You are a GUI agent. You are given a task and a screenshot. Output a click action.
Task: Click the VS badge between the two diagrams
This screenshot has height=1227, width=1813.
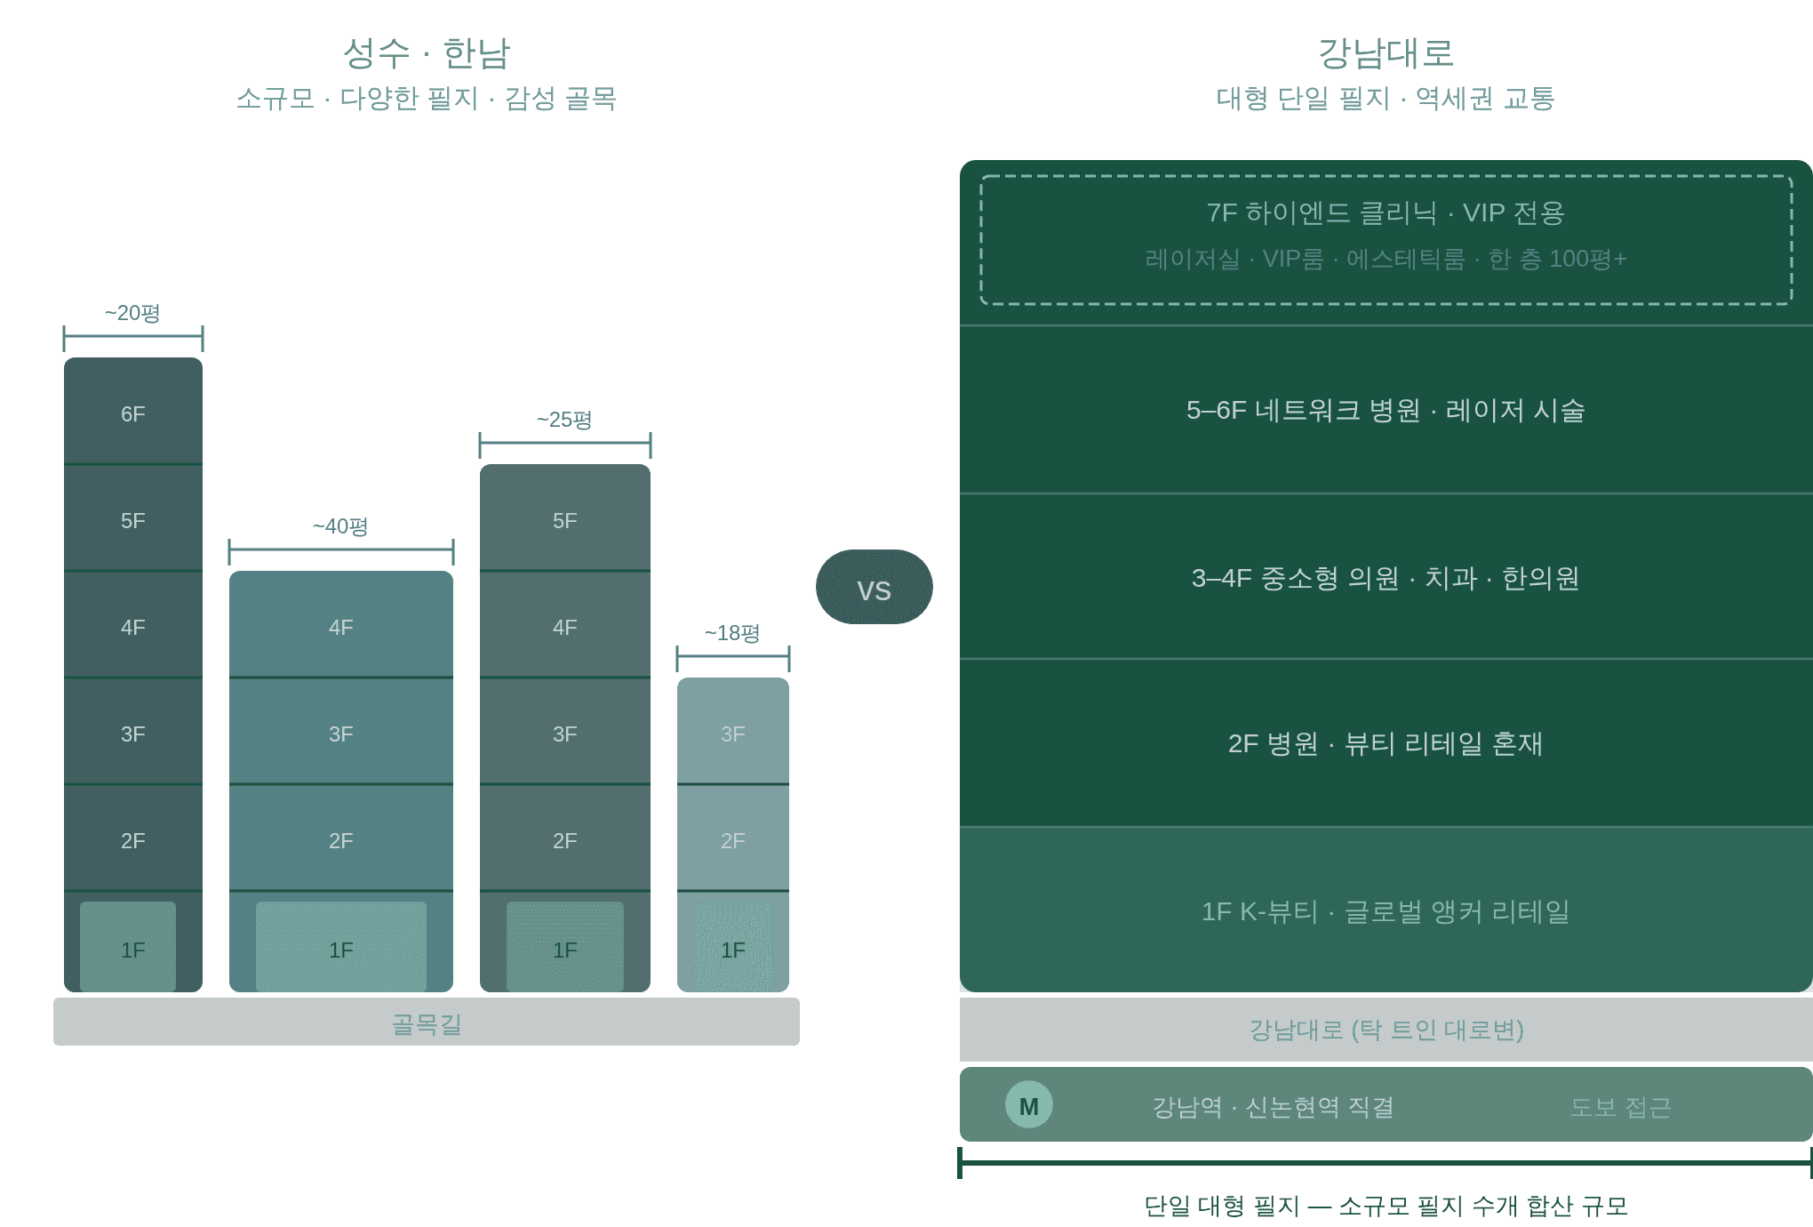click(x=874, y=588)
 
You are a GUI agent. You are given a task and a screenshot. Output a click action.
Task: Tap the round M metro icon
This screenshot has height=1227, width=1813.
click(x=1028, y=1105)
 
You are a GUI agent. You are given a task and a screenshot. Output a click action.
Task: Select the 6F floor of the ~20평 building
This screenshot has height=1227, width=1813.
click(x=133, y=413)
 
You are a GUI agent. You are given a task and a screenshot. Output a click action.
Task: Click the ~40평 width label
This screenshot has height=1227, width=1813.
click(x=340, y=526)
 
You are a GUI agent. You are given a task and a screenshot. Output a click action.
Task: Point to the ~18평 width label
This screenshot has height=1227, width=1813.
click(x=732, y=633)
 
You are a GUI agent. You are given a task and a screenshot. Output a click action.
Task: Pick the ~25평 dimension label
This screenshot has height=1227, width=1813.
click(x=564, y=420)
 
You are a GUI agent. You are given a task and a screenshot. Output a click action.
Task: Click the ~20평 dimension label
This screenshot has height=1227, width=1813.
click(x=132, y=313)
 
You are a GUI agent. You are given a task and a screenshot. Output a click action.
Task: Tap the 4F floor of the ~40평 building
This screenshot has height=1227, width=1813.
click(x=340, y=627)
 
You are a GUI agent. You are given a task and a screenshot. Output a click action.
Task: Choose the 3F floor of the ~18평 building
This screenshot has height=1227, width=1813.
click(x=732, y=734)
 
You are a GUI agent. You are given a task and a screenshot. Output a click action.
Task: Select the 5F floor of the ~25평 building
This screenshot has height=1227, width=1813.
click(x=564, y=520)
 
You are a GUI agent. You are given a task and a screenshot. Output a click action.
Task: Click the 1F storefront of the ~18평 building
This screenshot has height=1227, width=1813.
click(x=732, y=950)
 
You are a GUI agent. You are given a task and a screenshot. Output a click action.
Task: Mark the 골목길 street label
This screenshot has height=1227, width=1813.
click(x=427, y=1024)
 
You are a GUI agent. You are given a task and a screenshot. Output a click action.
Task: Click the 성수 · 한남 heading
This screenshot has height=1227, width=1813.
click(x=427, y=53)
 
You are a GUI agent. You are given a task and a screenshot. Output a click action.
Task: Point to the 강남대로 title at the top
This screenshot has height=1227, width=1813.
click(x=1385, y=53)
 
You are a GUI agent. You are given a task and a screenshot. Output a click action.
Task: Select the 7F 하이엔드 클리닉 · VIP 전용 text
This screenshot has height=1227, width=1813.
click(x=1385, y=213)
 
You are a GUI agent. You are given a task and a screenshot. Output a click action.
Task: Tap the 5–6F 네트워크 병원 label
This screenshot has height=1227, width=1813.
click(x=1385, y=410)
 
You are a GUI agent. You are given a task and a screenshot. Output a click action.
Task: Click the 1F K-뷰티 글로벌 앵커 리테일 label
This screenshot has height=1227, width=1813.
click(x=1385, y=911)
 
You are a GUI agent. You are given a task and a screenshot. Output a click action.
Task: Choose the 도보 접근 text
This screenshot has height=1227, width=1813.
click(x=1620, y=1107)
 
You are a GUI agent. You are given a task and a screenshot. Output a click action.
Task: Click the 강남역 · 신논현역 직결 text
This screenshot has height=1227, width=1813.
click(x=1273, y=1107)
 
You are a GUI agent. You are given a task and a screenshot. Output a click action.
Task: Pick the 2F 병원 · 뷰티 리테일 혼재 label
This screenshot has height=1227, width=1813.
click(x=1385, y=743)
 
